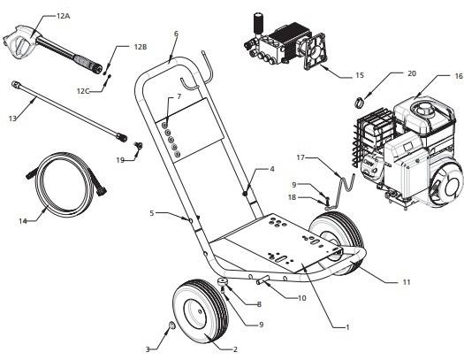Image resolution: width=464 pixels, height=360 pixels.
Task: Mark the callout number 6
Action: (x=176, y=34)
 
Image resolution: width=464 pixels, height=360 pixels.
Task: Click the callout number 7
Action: (x=179, y=96)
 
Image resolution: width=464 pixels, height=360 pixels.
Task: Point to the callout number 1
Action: (x=347, y=326)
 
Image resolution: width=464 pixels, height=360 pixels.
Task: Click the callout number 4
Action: (x=271, y=168)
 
